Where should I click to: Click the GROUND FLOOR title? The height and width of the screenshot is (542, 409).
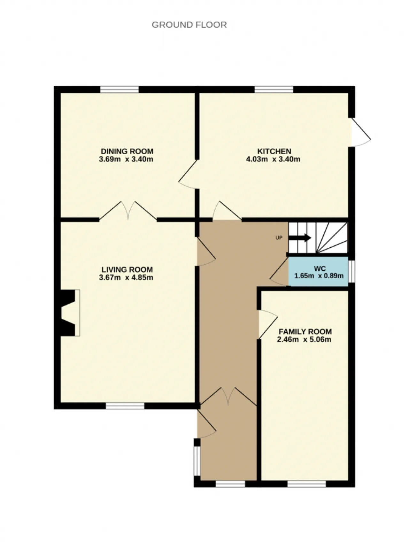pyautogui.click(x=189, y=25)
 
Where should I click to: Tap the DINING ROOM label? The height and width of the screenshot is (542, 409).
pyautogui.click(x=127, y=151)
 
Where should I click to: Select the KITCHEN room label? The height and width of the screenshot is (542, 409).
pyautogui.click(x=274, y=151)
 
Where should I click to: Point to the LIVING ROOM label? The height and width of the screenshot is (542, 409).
pyautogui.click(x=127, y=270)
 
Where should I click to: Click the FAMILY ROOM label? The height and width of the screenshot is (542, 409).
pyautogui.click(x=305, y=332)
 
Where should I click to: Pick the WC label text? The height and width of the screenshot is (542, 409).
pyautogui.click(x=320, y=268)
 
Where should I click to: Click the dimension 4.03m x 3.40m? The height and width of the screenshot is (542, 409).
pyautogui.click(x=273, y=159)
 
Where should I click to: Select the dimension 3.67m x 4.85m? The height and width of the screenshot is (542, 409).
pyautogui.click(x=126, y=277)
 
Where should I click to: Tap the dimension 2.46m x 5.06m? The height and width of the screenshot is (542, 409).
pyautogui.click(x=304, y=339)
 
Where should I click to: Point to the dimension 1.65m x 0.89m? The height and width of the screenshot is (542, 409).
pyautogui.click(x=319, y=276)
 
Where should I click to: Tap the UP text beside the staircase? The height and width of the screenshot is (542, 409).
pyautogui.click(x=279, y=238)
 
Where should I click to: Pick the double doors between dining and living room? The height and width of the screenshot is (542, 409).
pyautogui.click(x=128, y=211)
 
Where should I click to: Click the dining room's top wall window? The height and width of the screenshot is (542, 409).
pyautogui.click(x=120, y=89)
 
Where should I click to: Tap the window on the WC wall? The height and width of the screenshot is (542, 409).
pyautogui.click(x=351, y=272)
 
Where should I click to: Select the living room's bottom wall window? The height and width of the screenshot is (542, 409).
pyautogui.click(x=125, y=406)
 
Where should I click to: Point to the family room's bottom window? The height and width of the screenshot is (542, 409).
pyautogui.click(x=306, y=484)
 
